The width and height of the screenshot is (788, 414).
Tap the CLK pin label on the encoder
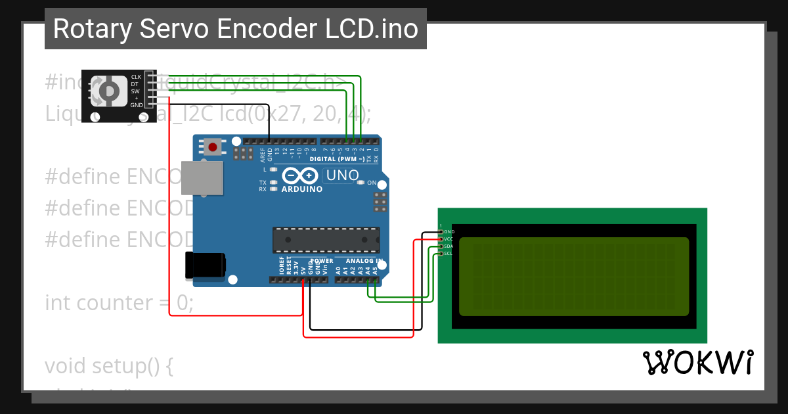pos(136,77)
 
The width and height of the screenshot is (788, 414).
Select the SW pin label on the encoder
pos(135,91)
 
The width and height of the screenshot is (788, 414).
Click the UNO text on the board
pos(342,175)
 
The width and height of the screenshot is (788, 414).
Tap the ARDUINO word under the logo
pos(301,189)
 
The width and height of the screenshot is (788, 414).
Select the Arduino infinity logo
pos(301,176)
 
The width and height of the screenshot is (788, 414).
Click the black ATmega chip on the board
pos(326,240)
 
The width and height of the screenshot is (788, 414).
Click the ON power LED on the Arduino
pos(361,182)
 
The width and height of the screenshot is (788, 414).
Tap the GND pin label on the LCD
pos(449,232)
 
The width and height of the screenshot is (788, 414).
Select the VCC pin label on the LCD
pos(449,239)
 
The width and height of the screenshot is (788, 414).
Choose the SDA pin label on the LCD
pos(449,246)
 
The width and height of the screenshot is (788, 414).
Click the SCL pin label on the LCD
pos(449,254)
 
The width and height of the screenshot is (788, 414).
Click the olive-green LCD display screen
pos(573,276)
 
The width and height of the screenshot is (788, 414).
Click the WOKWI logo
pos(697,362)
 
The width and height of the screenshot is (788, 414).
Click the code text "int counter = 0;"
pos(119,303)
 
